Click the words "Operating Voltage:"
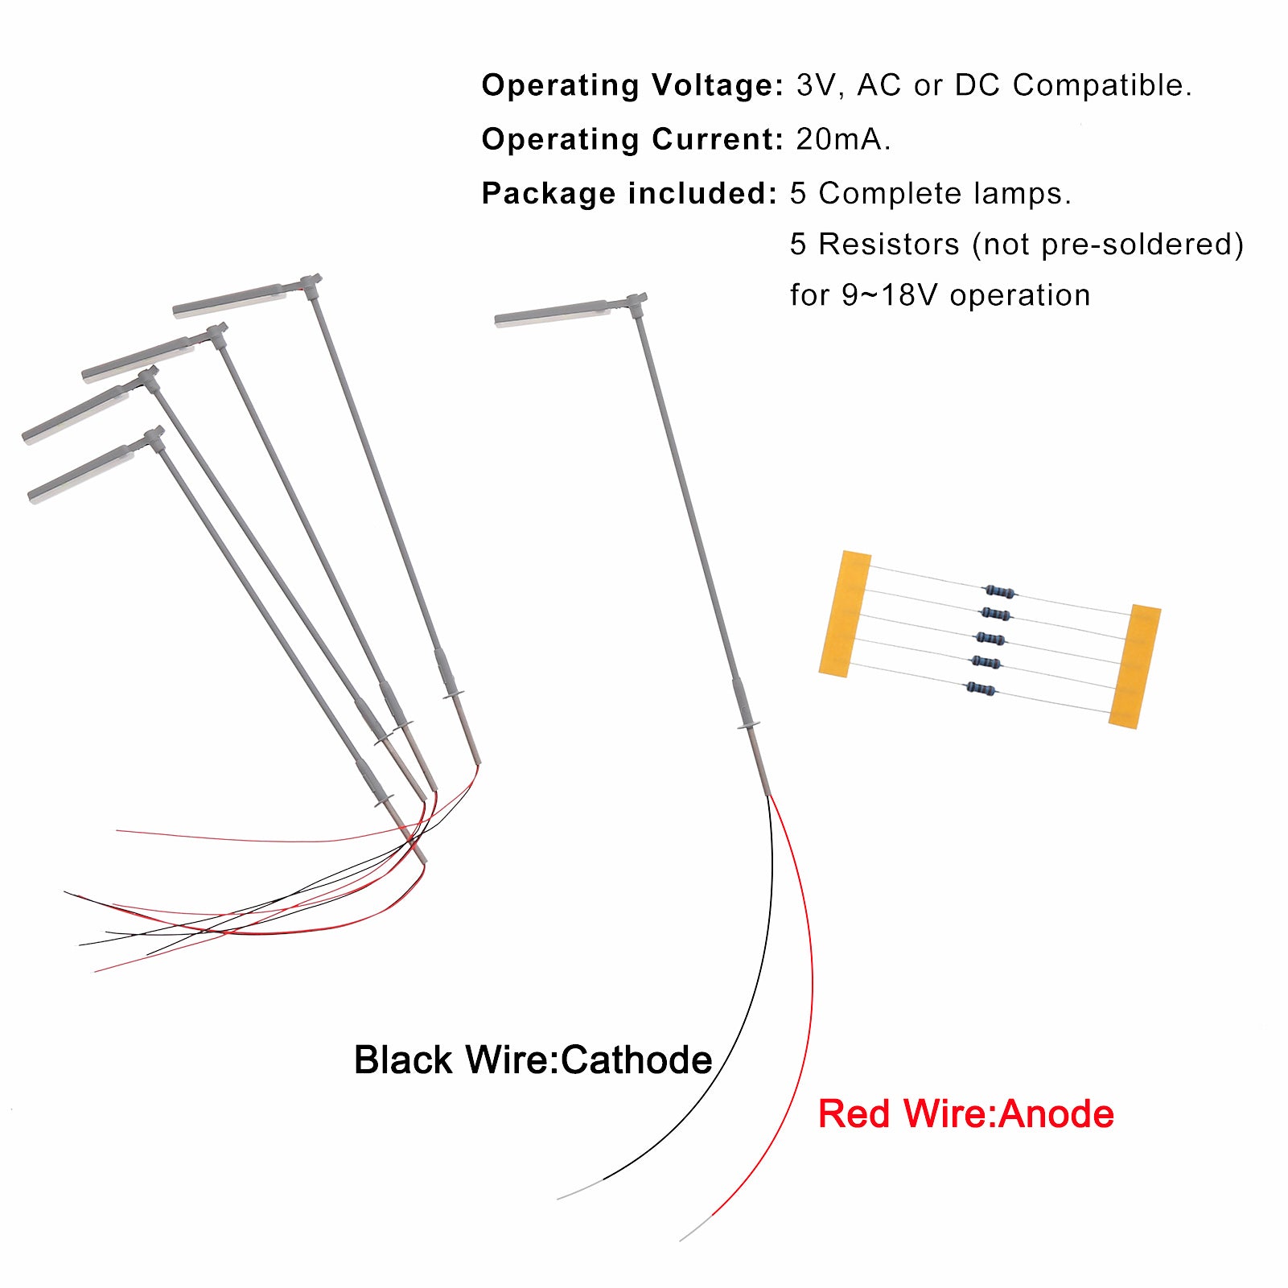coord(632,85)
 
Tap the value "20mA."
coord(843,139)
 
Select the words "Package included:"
coord(629,194)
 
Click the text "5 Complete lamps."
coord(931,194)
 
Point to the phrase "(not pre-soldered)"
coord(1108,245)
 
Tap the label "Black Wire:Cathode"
coord(533,1060)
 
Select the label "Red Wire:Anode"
coord(965,1114)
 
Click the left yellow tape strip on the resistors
coord(845,614)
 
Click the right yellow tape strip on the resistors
coord(1134,666)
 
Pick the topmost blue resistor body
coord(999,591)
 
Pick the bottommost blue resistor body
coord(980,689)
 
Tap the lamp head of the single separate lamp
coord(553,314)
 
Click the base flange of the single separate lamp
coord(748,726)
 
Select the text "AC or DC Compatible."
coord(1024,85)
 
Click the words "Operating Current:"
coord(632,139)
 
